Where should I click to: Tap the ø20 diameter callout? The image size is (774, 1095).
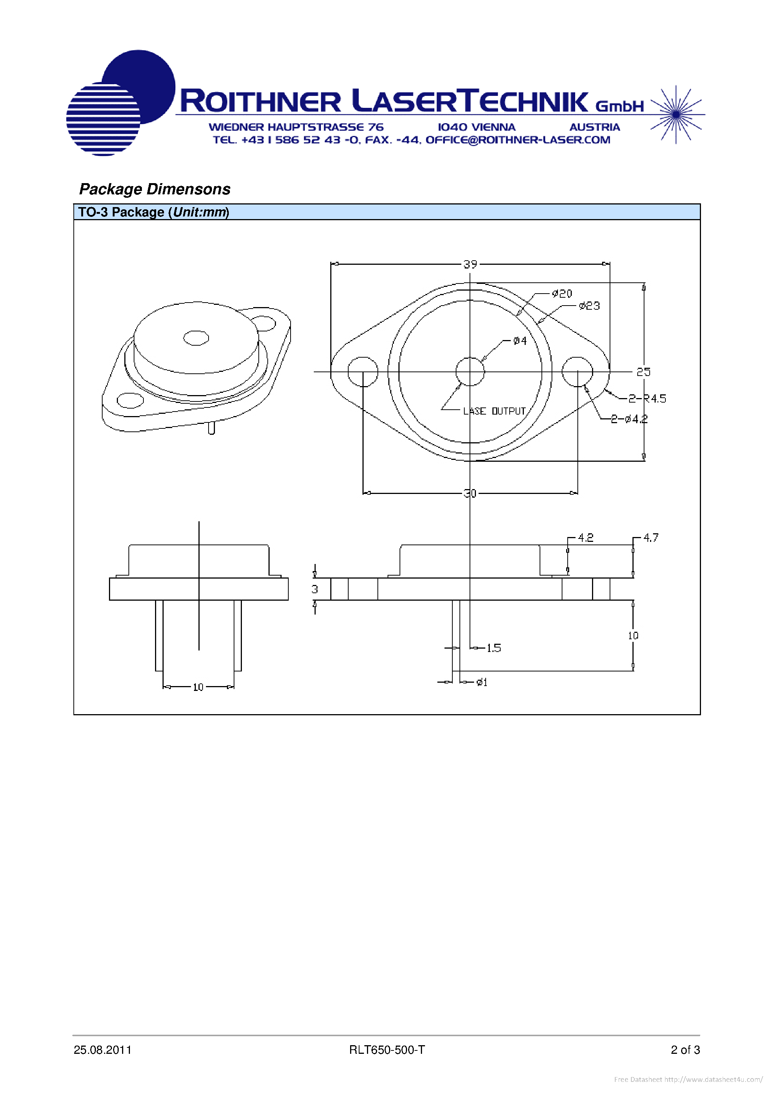pyautogui.click(x=562, y=294)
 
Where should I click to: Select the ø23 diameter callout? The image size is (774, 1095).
pyautogui.click(x=589, y=306)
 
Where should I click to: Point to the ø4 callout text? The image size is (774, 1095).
pyautogui.click(x=520, y=341)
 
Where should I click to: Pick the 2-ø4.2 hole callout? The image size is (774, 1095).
pyautogui.click(x=629, y=419)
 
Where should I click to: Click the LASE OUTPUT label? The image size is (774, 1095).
pyautogui.click(x=495, y=411)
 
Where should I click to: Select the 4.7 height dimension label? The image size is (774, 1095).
pyautogui.click(x=650, y=538)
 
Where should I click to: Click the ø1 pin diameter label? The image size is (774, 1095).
pyautogui.click(x=482, y=682)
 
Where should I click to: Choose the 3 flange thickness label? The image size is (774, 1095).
pyautogui.click(x=315, y=589)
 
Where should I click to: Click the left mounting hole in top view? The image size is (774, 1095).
pyautogui.click(x=363, y=371)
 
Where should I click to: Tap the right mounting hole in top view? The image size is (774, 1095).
pyautogui.click(x=577, y=371)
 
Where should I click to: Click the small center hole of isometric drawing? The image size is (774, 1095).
pyautogui.click(x=196, y=338)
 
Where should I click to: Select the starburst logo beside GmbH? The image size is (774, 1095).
pyautogui.click(x=676, y=115)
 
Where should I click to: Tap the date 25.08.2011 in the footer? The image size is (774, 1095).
pyautogui.click(x=103, y=1050)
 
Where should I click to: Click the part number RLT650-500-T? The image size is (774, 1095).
pyautogui.click(x=387, y=1050)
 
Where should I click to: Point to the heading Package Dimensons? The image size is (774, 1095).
pyautogui.click(x=155, y=189)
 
